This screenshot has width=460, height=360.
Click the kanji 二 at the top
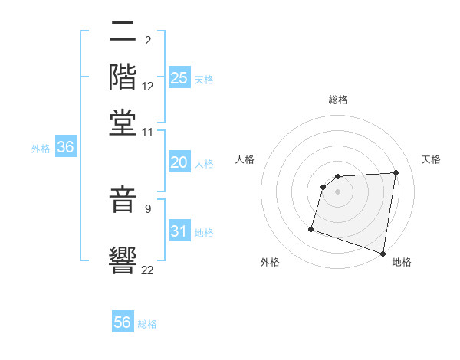pos(123,33)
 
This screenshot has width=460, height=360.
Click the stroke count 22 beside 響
pos(148,269)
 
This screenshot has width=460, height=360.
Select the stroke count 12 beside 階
pos(148,87)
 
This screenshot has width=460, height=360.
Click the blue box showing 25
pos(179,78)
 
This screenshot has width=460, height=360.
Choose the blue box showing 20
pos(179,162)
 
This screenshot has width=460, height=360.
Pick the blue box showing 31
pos(179,231)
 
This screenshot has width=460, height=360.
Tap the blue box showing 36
pos(64,148)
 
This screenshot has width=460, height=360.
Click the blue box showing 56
pos(123,322)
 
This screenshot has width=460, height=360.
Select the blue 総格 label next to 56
pos(147,324)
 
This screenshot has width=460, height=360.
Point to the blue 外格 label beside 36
pos(40,149)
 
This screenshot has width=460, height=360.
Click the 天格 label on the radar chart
pos(431,159)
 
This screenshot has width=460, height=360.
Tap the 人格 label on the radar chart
pos(245,159)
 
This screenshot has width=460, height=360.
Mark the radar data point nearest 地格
pos(383,253)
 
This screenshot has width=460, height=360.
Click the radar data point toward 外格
pos(311,228)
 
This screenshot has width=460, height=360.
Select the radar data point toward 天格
pos(396,172)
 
